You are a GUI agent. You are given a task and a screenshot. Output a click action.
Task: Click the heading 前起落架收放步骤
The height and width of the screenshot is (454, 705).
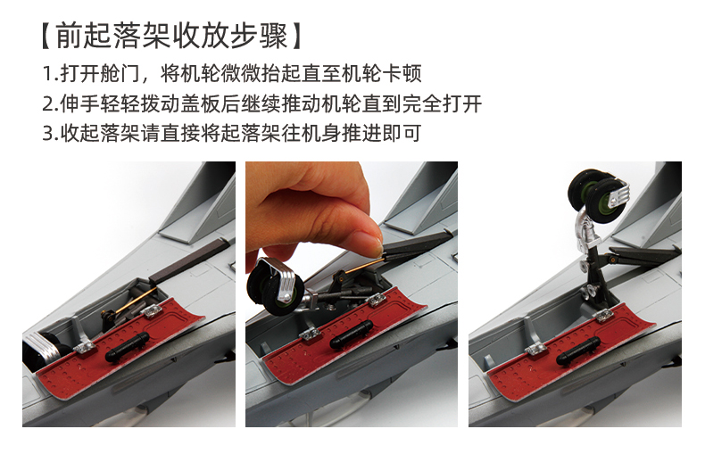click(x=171, y=36)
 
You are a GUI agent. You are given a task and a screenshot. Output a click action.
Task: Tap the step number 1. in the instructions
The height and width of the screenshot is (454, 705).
click(x=50, y=74)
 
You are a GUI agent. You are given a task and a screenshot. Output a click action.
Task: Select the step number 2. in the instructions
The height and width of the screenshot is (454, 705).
click(x=50, y=103)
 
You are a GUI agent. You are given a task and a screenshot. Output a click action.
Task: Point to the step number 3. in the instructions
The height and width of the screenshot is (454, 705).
click(x=50, y=134)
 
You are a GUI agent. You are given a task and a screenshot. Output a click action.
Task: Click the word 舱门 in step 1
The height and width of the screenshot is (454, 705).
click(x=120, y=74)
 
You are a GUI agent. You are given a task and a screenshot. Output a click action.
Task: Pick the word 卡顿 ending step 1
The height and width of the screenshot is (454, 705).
click(x=402, y=74)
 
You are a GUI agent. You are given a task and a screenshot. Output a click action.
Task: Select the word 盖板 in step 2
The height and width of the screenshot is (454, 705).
click(x=200, y=103)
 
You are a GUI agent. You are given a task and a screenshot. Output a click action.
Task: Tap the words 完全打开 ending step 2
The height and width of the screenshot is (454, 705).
click(x=442, y=103)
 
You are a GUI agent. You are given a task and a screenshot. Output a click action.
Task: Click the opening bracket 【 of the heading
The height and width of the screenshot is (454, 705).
click(x=47, y=36)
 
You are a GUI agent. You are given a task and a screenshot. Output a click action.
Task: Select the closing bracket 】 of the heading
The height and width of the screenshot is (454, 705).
click(x=295, y=36)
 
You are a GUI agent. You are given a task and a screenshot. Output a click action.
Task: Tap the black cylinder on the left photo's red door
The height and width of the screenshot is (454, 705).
click(x=128, y=347)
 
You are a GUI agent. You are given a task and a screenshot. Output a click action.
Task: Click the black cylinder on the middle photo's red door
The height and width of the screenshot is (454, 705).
click(x=351, y=334)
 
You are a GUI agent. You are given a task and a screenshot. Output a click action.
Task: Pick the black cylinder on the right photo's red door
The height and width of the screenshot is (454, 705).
click(x=577, y=351)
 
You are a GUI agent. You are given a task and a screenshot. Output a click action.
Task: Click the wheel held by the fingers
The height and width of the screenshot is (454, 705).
click(x=275, y=286)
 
